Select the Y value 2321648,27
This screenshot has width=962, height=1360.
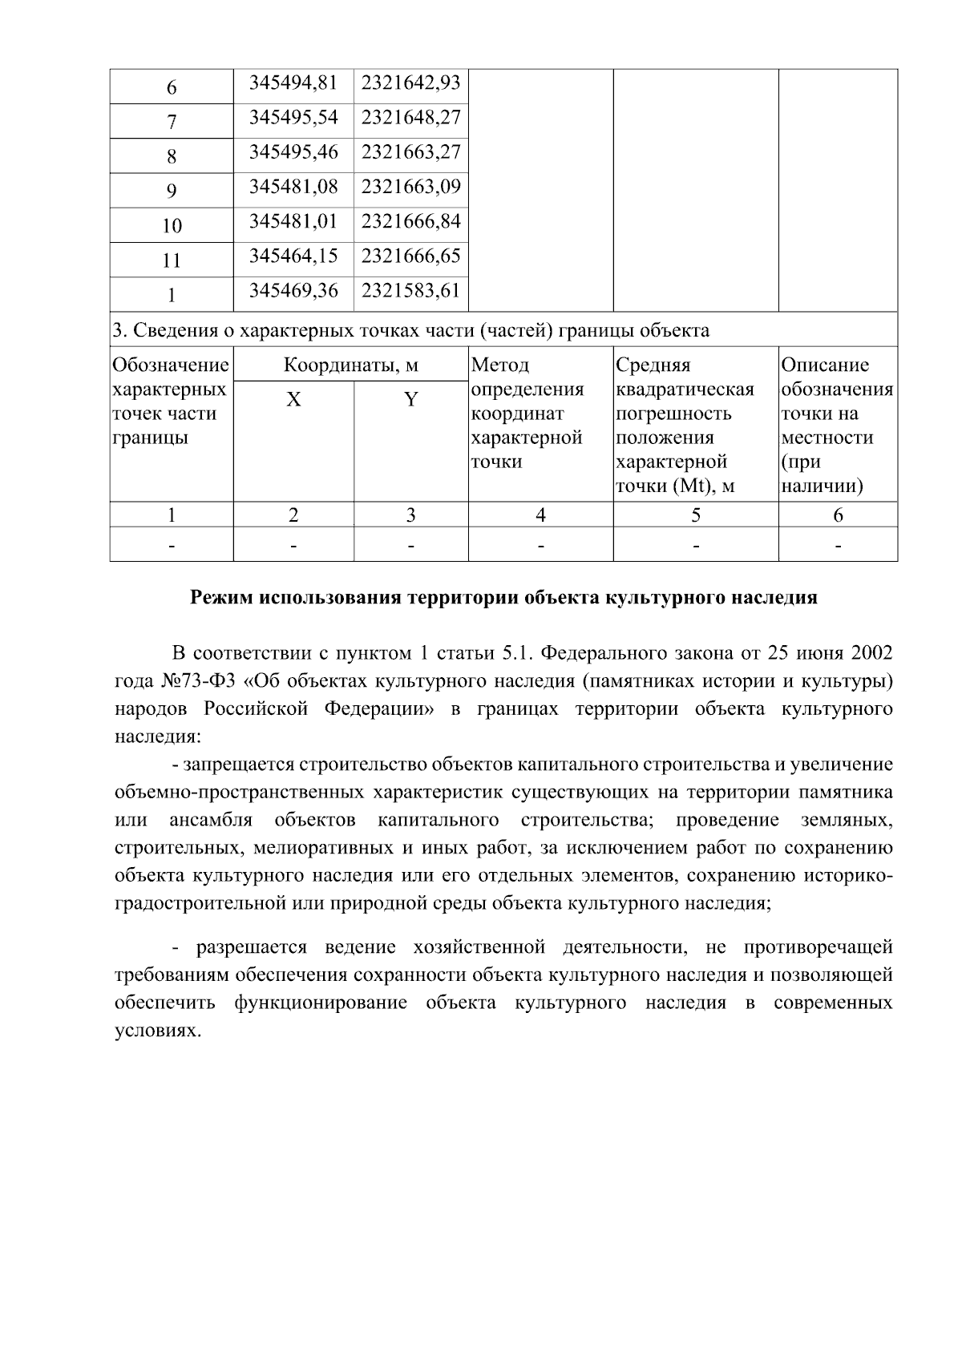coord(410,118)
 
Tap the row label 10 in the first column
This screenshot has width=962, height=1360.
coord(172,226)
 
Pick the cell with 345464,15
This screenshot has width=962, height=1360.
coord(293,256)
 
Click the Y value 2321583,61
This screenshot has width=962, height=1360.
coord(410,291)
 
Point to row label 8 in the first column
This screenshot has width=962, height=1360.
coord(172,156)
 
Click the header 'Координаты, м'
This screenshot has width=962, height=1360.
coord(350,365)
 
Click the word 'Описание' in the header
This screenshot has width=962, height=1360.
coord(825,365)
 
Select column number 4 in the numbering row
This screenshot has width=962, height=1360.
coord(540,515)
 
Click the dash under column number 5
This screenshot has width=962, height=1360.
coord(695,546)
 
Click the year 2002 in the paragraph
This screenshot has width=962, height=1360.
coord(871,652)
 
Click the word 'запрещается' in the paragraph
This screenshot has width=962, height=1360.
coord(238,765)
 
